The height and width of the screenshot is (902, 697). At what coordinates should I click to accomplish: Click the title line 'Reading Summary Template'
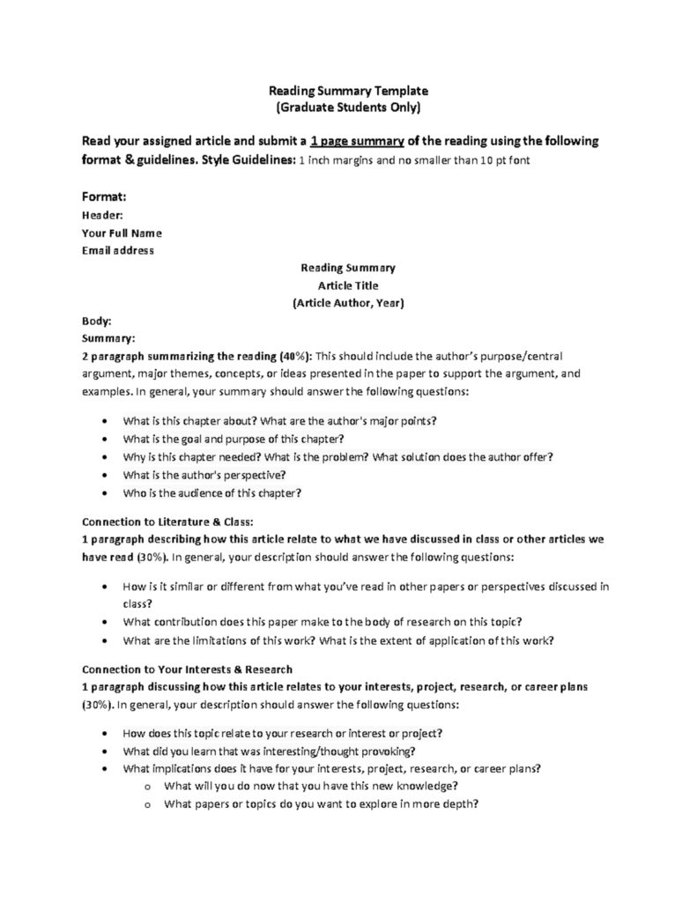[348, 90]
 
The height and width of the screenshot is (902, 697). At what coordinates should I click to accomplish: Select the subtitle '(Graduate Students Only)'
[348, 107]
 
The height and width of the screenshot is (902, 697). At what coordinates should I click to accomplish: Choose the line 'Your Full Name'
[122, 233]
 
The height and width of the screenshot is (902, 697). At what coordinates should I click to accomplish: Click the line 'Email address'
[118, 250]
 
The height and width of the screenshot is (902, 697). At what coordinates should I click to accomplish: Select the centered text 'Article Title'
[348, 285]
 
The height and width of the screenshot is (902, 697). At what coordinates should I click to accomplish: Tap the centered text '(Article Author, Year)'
[348, 303]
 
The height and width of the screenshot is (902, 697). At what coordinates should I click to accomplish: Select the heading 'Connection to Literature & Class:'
[167, 521]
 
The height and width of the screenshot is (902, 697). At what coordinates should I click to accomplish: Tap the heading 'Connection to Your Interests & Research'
[187, 669]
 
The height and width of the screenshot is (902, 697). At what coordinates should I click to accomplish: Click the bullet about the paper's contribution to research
[323, 621]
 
